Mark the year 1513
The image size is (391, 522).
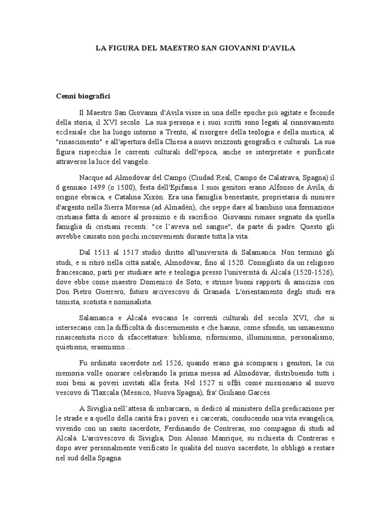point(107,252)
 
